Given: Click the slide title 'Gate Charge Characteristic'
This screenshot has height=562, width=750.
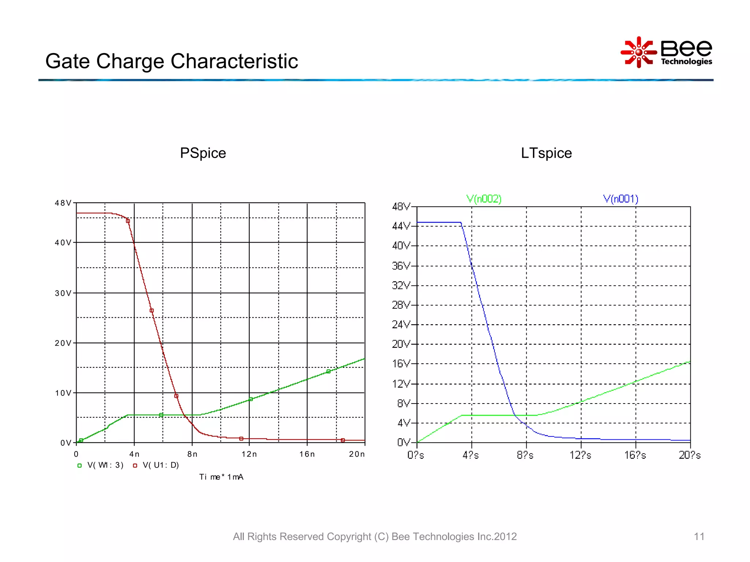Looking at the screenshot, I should (171, 61).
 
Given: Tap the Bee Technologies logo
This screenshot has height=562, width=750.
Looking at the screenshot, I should (666, 52).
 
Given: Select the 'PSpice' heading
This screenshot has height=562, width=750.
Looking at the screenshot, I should (203, 153).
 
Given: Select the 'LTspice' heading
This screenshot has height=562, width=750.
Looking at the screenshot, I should (546, 153).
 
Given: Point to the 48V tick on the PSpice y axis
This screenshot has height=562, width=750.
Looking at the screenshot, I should (63, 203).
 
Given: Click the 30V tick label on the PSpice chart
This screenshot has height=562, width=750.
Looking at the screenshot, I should (63, 293).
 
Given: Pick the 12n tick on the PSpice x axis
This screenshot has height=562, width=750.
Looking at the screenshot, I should (249, 454).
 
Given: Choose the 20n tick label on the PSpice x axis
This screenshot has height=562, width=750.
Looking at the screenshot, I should (357, 454).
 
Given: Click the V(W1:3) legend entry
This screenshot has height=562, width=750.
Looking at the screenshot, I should (101, 465).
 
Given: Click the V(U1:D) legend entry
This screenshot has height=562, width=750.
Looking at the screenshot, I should (156, 465).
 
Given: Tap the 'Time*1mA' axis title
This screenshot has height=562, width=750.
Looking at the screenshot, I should (221, 477).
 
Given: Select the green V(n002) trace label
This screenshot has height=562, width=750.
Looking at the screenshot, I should (484, 199).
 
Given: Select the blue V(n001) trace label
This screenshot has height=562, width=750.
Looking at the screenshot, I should (620, 199).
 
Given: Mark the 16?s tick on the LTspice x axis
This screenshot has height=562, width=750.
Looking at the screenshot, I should (635, 455).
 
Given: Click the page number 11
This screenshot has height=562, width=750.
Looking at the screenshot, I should (699, 536).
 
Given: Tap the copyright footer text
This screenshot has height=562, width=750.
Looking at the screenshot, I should (375, 536).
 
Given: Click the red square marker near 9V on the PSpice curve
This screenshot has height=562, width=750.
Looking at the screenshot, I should (176, 396).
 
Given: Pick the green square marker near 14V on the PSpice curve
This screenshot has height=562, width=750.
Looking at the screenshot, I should (328, 371).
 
